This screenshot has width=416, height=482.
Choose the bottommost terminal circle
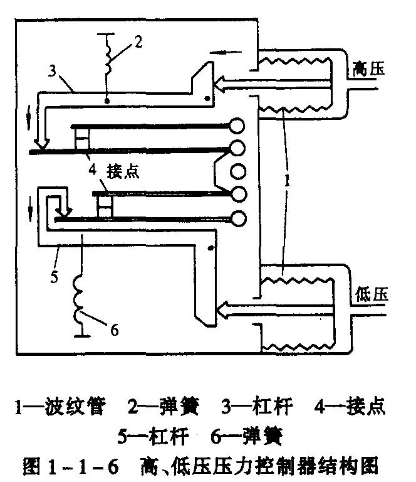238,218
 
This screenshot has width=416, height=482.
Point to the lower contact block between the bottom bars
105,205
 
